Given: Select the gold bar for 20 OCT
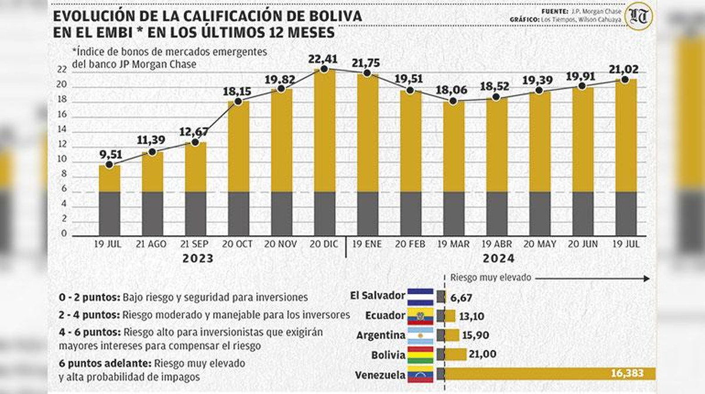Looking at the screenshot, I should pos(239,147).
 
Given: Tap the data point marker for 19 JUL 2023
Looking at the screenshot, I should pos(109,165).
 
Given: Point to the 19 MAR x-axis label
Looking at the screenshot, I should pos(453,243).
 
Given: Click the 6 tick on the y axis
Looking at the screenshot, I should pos(63,191).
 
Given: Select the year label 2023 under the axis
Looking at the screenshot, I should pos(197,258).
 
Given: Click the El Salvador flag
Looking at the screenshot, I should pos(421,295).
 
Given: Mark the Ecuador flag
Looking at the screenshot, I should pos(421,316).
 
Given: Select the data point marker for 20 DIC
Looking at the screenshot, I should pos(324,69).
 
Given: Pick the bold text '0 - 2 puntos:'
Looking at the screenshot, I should pos(88,297).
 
